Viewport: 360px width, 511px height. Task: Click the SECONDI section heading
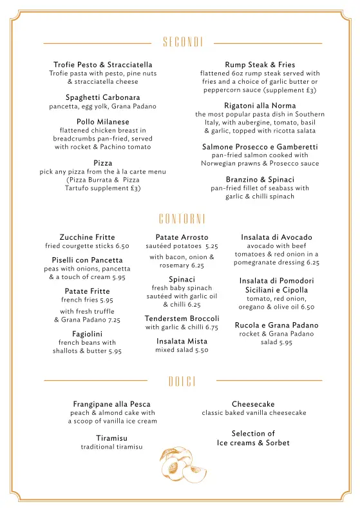click(182, 43)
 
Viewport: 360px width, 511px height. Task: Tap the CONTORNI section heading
click(182, 218)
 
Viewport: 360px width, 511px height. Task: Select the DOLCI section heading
click(182, 381)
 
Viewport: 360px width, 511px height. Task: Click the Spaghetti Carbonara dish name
click(103, 97)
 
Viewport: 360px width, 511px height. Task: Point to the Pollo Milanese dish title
click(103, 121)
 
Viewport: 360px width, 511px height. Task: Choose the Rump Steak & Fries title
click(260, 64)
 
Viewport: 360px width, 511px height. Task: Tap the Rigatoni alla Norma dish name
click(260, 105)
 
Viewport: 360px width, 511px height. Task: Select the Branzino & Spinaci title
click(260, 179)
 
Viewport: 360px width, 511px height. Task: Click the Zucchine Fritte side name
click(87, 237)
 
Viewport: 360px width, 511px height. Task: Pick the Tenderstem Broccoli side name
click(182, 318)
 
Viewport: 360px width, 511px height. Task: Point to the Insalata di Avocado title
click(276, 237)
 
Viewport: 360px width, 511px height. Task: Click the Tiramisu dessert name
click(111, 438)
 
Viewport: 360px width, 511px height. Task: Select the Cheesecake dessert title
click(253, 404)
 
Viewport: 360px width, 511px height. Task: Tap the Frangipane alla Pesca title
click(111, 404)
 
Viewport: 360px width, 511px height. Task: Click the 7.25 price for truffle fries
click(113, 320)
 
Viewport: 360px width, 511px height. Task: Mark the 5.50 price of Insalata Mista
click(201, 350)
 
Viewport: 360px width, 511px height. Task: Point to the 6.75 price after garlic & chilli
click(211, 327)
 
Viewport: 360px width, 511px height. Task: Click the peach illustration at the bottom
click(182, 465)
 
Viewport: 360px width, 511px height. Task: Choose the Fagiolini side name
click(87, 333)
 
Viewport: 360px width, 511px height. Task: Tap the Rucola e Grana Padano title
click(276, 325)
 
